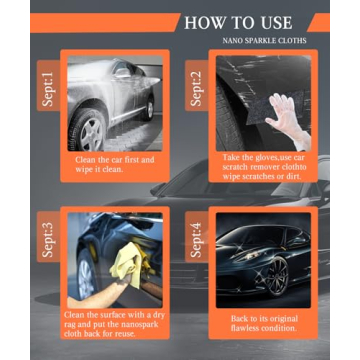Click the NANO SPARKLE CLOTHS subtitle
[264, 41]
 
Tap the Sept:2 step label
[195, 88]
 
